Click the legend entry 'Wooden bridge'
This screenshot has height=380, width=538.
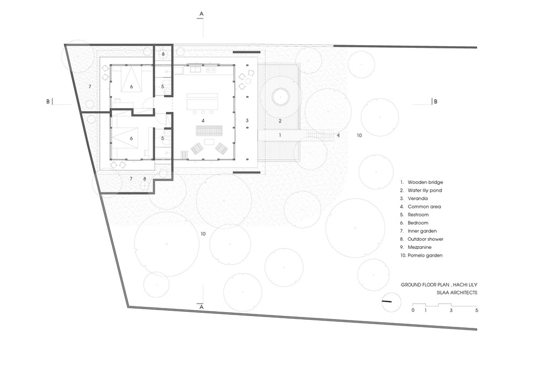click(x=425, y=182)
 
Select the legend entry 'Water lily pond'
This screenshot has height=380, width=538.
click(x=425, y=190)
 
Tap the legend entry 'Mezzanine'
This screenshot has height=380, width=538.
click(x=420, y=247)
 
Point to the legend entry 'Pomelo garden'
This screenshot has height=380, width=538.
click(x=425, y=255)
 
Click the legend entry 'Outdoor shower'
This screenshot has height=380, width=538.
click(x=426, y=239)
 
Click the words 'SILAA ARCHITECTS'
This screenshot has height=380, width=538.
click(x=457, y=292)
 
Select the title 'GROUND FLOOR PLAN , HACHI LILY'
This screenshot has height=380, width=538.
click(x=439, y=285)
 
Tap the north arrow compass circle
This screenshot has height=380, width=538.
click(x=391, y=302)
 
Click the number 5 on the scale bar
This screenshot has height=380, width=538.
click(x=477, y=311)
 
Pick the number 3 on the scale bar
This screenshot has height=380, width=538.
click(x=451, y=311)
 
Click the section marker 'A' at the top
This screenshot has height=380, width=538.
click(x=201, y=14)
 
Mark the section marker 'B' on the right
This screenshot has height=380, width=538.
click(x=435, y=102)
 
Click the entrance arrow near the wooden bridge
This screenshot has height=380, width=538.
click(x=338, y=135)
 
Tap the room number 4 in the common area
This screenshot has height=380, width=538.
click(x=203, y=120)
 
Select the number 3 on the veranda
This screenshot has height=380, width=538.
click(x=247, y=120)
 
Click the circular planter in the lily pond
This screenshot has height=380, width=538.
click(x=280, y=97)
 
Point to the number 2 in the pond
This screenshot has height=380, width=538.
click(x=280, y=121)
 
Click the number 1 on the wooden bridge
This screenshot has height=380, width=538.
click(x=280, y=135)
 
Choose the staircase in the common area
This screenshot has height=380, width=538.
click(x=209, y=131)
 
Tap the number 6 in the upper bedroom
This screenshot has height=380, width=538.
click(x=131, y=87)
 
